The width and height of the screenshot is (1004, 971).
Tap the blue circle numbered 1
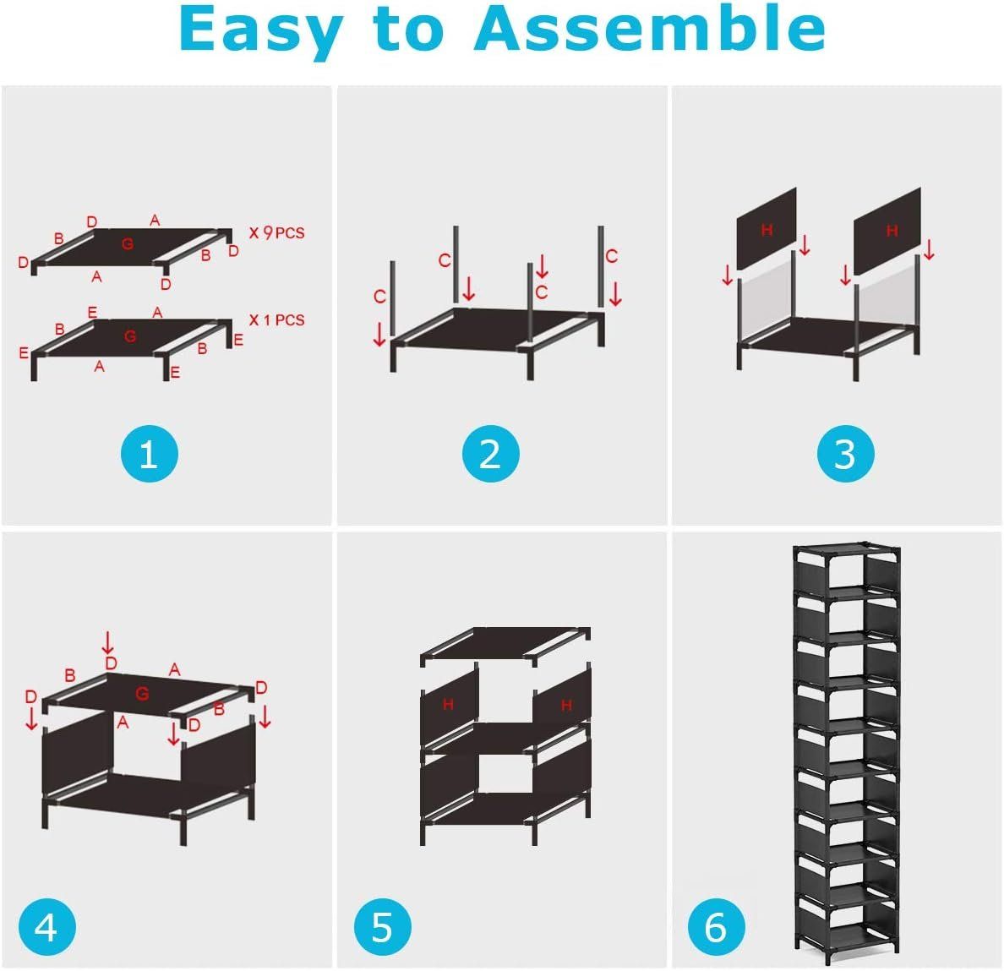(150, 453)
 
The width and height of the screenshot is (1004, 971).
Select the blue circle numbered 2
(490, 453)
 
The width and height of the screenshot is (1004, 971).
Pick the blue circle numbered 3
(845, 453)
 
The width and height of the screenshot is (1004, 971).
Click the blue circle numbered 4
(46, 926)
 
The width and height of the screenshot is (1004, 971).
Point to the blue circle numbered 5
(382, 926)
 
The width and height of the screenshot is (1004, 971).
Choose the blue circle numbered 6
(717, 926)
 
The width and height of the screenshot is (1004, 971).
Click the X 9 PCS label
(276, 233)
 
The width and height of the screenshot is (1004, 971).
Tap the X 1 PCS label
(276, 320)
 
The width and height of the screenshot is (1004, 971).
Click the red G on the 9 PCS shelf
(128, 244)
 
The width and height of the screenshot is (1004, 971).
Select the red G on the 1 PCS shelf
(130, 336)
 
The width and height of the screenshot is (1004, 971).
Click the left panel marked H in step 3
(767, 228)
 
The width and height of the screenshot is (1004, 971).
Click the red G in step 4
(142, 693)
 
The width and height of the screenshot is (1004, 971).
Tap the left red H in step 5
(448, 705)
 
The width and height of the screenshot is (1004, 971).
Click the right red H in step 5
(567, 706)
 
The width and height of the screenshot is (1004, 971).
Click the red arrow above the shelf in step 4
(108, 642)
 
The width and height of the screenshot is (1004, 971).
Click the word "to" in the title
(408, 30)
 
